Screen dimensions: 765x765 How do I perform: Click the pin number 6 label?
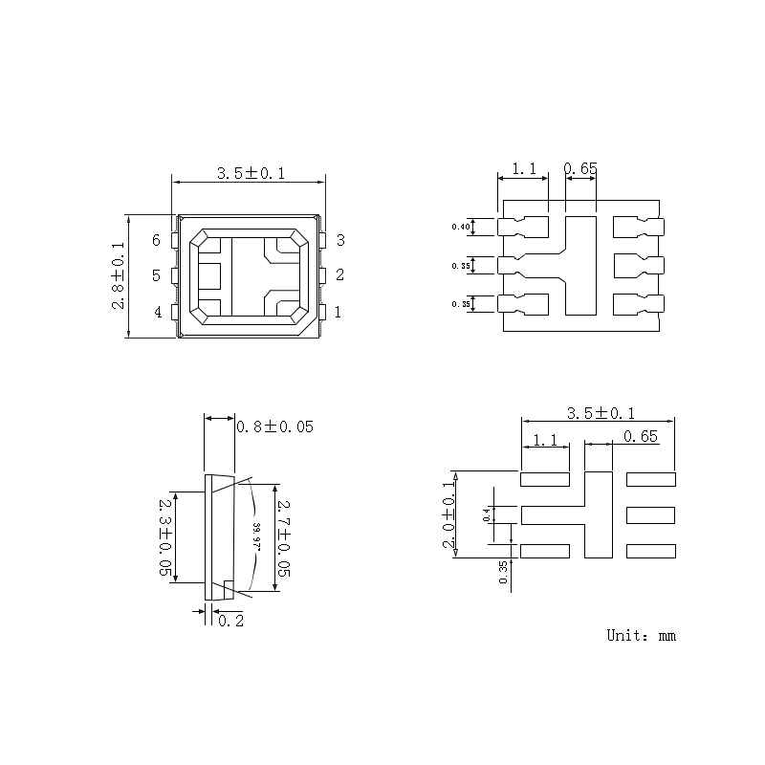tap(156, 240)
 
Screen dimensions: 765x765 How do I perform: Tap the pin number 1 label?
tap(339, 312)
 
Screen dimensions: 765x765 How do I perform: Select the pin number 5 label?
tap(156, 276)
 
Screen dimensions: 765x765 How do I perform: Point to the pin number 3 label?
tap(339, 240)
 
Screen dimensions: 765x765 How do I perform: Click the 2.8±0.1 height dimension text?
tap(118, 275)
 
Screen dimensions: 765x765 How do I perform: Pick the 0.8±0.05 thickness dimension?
tap(274, 426)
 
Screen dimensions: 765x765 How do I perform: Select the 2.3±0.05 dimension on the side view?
tap(165, 535)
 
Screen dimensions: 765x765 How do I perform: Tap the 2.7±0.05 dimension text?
tap(283, 536)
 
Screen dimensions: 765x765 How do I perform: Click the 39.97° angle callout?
tap(256, 536)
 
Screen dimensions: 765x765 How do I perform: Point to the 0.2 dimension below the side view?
tap(230, 621)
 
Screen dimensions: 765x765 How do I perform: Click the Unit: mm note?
tap(641, 635)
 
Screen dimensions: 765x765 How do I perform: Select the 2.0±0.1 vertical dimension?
tap(447, 514)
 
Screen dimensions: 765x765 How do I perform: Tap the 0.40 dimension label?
tap(461, 227)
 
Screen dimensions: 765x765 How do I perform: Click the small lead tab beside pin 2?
tap(324, 276)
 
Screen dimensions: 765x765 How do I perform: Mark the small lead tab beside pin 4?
tap(174, 312)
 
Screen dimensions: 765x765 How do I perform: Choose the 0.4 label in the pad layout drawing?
tap(486, 514)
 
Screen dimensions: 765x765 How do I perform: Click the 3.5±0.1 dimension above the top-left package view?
tap(251, 173)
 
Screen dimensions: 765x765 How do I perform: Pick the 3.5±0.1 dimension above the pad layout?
tap(601, 413)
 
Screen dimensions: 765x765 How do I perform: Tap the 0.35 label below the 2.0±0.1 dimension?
tap(503, 572)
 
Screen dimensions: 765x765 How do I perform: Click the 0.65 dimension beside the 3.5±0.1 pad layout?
tap(640, 437)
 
